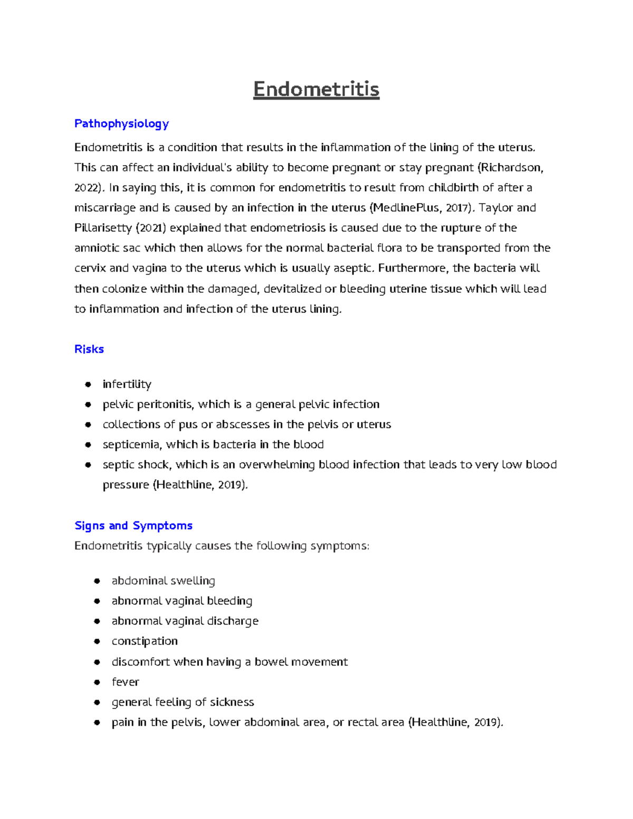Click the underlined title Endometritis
click(316, 89)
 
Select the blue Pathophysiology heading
click(121, 123)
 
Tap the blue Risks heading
click(89, 349)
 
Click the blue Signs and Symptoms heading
click(133, 525)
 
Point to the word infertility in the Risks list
click(127, 384)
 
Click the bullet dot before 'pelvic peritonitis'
click(89, 404)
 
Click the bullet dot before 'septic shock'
click(89, 465)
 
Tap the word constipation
click(145, 641)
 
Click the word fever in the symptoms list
click(125, 682)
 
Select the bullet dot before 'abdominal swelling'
click(97, 581)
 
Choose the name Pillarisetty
click(103, 228)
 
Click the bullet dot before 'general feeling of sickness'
click(97, 702)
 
